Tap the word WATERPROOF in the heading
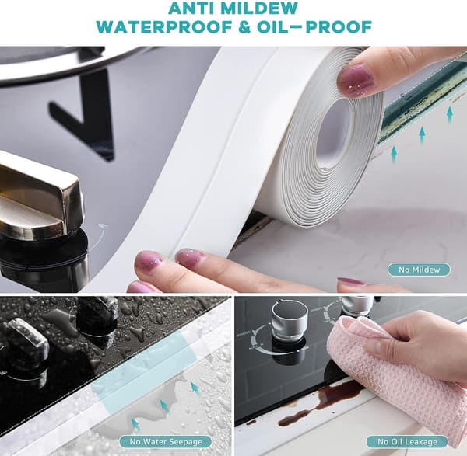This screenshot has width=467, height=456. (164, 27)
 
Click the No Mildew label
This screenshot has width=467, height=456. (419, 270)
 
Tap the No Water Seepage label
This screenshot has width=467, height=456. (166, 442)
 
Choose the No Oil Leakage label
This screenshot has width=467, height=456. (407, 442)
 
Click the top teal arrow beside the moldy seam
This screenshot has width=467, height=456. (450, 114)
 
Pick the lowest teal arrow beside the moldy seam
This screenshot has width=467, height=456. (394, 154)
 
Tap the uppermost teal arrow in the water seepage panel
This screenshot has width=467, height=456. (195, 388)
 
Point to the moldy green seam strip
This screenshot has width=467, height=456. (423, 101)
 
